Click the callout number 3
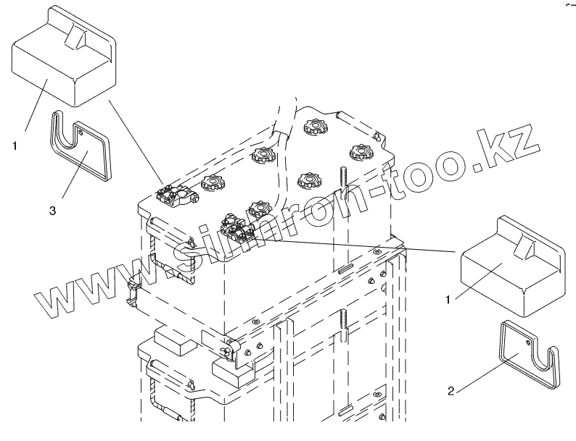click(53, 211)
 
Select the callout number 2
click(450, 392)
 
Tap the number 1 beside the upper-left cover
click(15, 145)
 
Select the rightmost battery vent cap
click(360, 152)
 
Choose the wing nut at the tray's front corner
click(230, 352)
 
